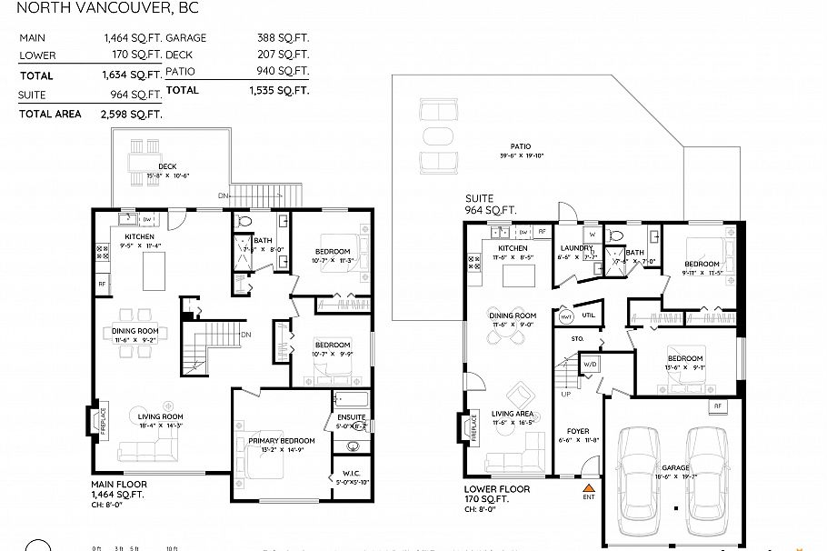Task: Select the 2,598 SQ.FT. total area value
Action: click(133, 114)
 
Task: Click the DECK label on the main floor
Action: click(167, 166)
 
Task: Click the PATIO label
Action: click(520, 145)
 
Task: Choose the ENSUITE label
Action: click(351, 416)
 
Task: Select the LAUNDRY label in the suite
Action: click(577, 247)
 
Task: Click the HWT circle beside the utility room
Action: click(566, 316)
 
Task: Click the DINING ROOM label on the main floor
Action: click(135, 330)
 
